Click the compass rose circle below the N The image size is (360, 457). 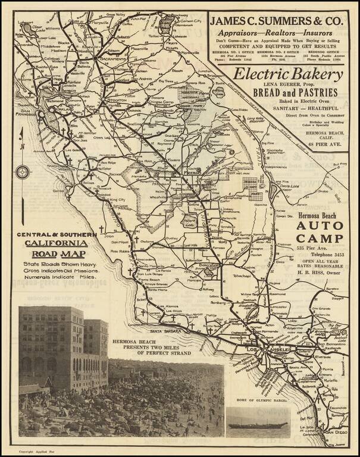pyautogui.click(x=23, y=173)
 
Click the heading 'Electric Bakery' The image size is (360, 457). pyautogui.click(x=288, y=74)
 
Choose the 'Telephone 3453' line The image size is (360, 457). pyautogui.click(x=321, y=253)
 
